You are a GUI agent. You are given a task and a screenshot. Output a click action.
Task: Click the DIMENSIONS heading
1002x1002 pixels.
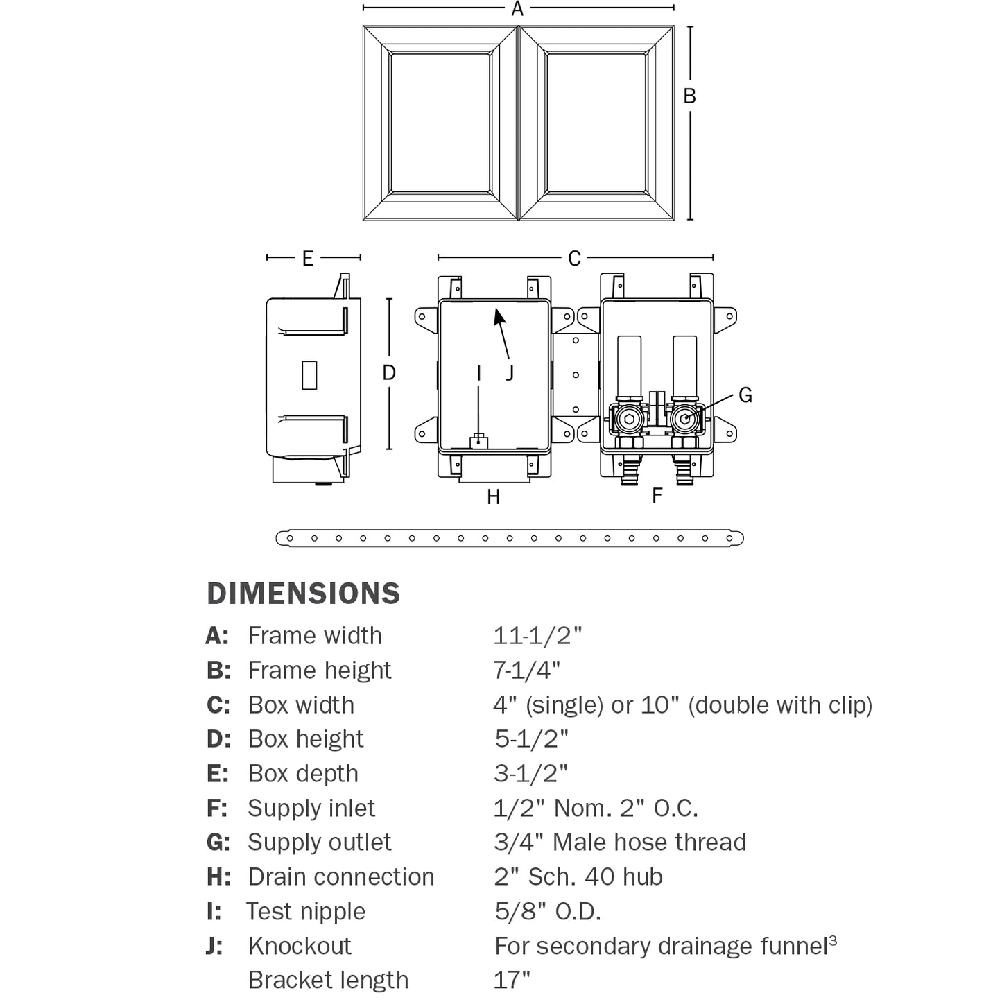[x=304, y=594]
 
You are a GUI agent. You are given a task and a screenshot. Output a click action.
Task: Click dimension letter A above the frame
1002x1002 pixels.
[x=517, y=9]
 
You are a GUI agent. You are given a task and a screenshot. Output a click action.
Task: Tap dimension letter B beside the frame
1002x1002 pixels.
[x=689, y=96]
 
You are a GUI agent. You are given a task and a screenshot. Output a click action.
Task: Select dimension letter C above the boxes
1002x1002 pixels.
[x=574, y=259]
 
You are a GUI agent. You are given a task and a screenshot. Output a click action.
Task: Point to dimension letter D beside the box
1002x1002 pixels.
[x=389, y=373]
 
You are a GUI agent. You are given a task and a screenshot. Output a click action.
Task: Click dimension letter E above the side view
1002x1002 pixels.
[x=308, y=259]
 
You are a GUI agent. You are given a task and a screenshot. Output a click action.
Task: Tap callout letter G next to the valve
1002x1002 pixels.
[x=745, y=395]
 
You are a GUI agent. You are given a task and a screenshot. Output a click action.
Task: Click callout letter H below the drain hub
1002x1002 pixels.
[x=494, y=497]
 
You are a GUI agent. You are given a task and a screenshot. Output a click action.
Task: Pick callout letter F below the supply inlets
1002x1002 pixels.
[x=657, y=495]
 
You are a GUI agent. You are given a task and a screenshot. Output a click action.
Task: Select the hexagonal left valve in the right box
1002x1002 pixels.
[x=628, y=419]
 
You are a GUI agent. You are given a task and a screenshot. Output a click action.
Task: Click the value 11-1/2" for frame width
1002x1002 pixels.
[x=537, y=635]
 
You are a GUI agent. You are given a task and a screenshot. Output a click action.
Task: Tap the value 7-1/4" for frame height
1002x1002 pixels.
[x=527, y=670]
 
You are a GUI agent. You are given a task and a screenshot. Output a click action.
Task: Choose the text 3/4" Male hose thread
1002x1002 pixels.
[x=620, y=842]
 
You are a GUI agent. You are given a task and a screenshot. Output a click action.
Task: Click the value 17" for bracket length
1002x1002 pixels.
[x=512, y=980]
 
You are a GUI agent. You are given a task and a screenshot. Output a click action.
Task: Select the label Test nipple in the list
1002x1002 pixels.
[x=306, y=911]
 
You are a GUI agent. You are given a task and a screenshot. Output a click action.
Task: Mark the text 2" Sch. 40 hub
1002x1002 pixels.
[x=578, y=876]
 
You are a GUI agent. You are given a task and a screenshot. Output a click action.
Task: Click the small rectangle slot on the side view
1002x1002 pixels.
[x=309, y=374]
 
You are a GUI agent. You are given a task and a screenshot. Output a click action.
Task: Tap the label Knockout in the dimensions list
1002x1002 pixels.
[x=300, y=946]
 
